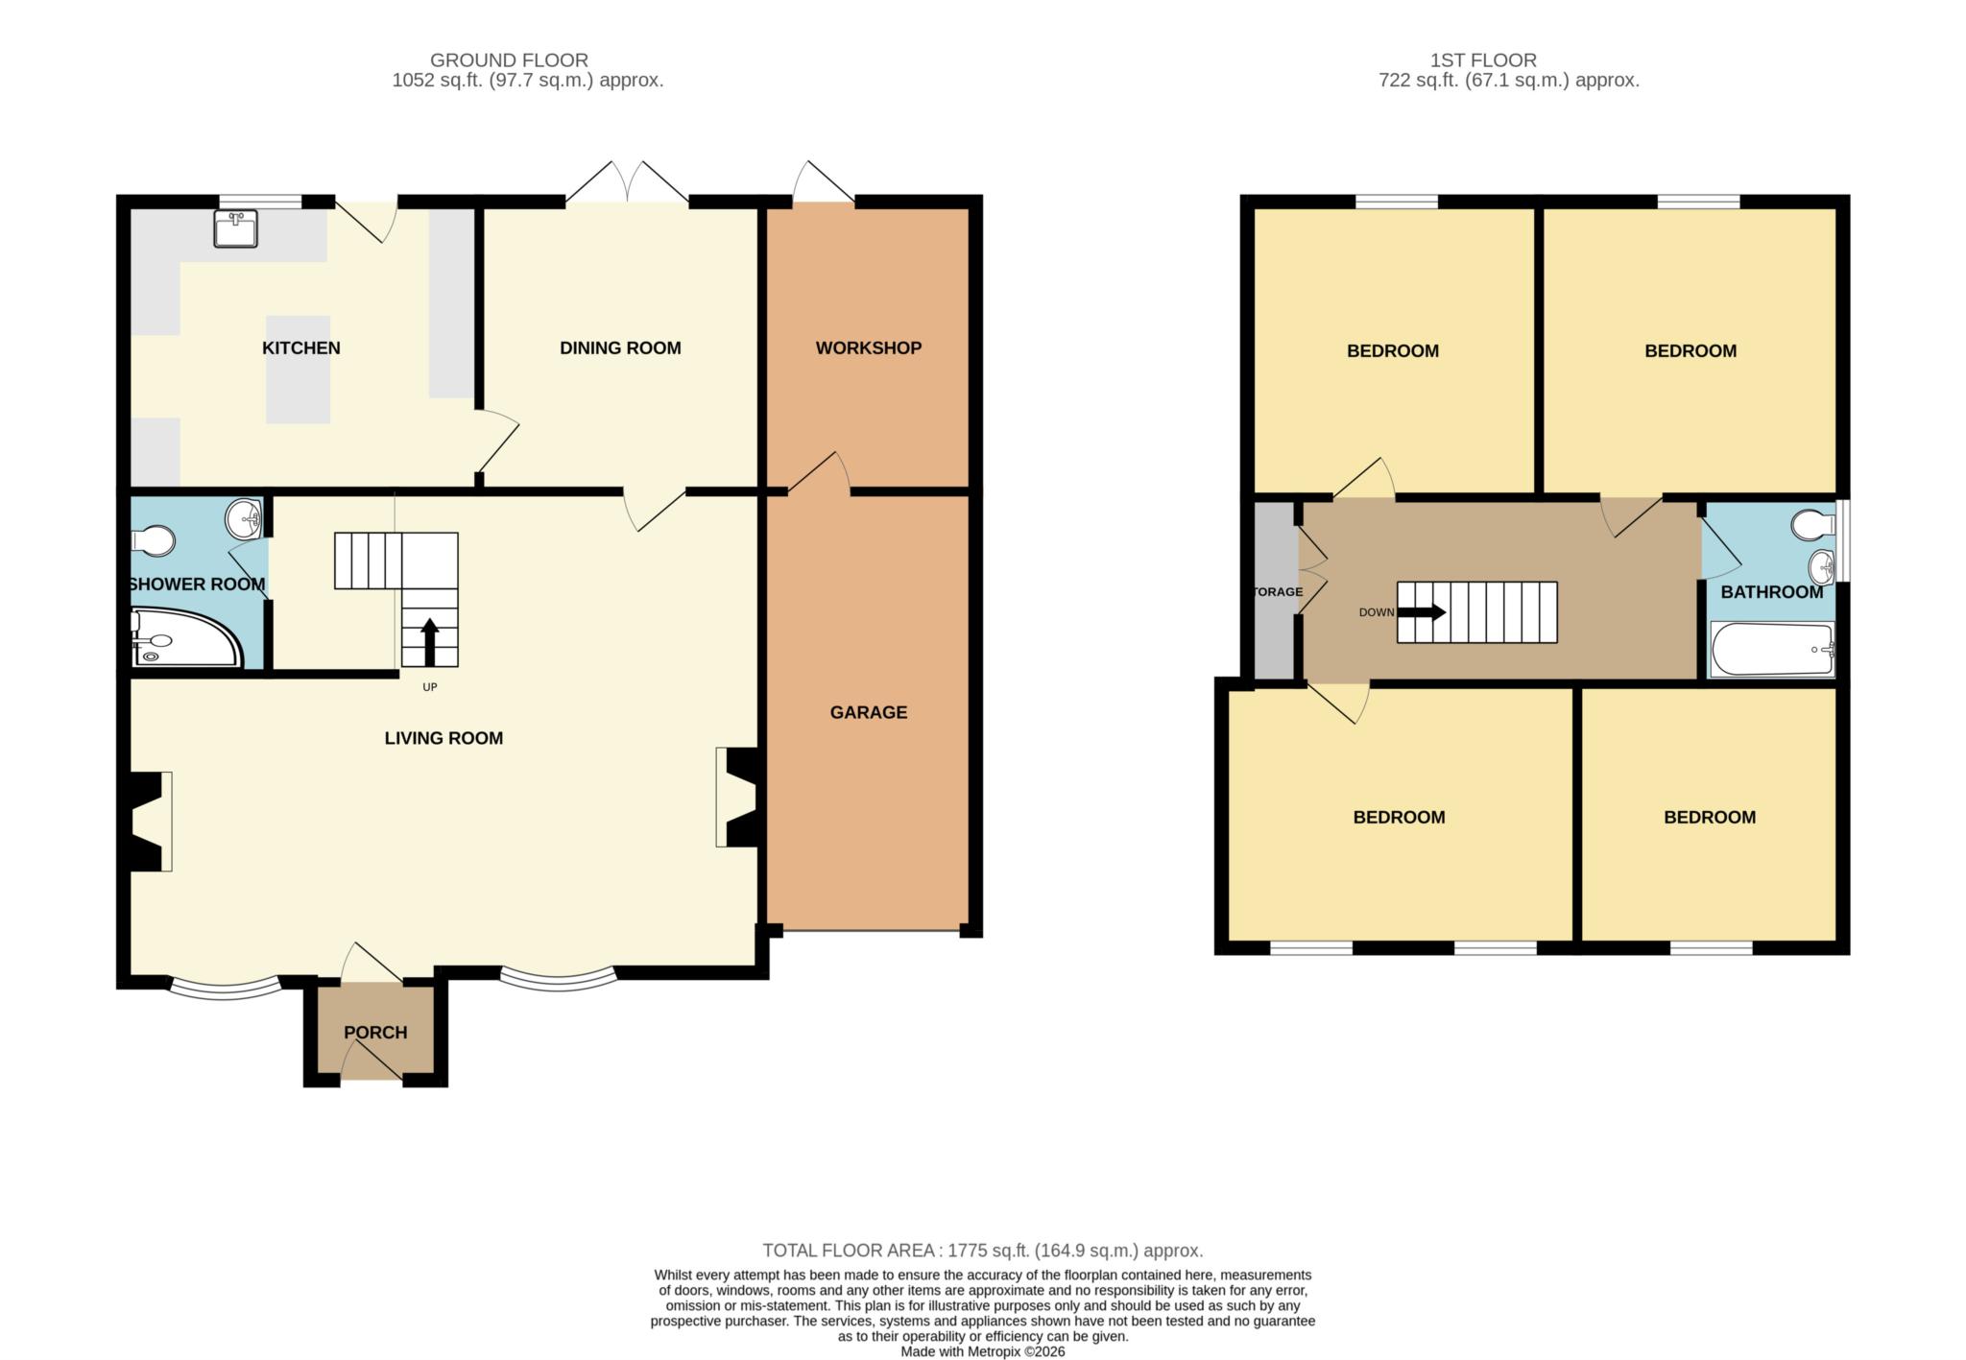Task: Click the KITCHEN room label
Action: (x=300, y=347)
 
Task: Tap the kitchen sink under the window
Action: (x=235, y=229)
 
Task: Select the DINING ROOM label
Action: (x=620, y=347)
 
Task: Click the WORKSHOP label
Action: (x=868, y=347)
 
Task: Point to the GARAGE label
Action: (x=868, y=712)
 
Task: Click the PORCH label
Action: (x=375, y=1033)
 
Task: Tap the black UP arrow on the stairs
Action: (x=429, y=641)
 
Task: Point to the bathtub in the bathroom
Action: (x=1772, y=650)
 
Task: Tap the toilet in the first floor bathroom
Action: (x=1811, y=525)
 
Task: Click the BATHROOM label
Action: (x=1771, y=592)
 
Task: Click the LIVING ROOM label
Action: (x=444, y=738)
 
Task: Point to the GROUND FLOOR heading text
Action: (x=509, y=60)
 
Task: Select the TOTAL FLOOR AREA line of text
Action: (x=982, y=1251)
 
